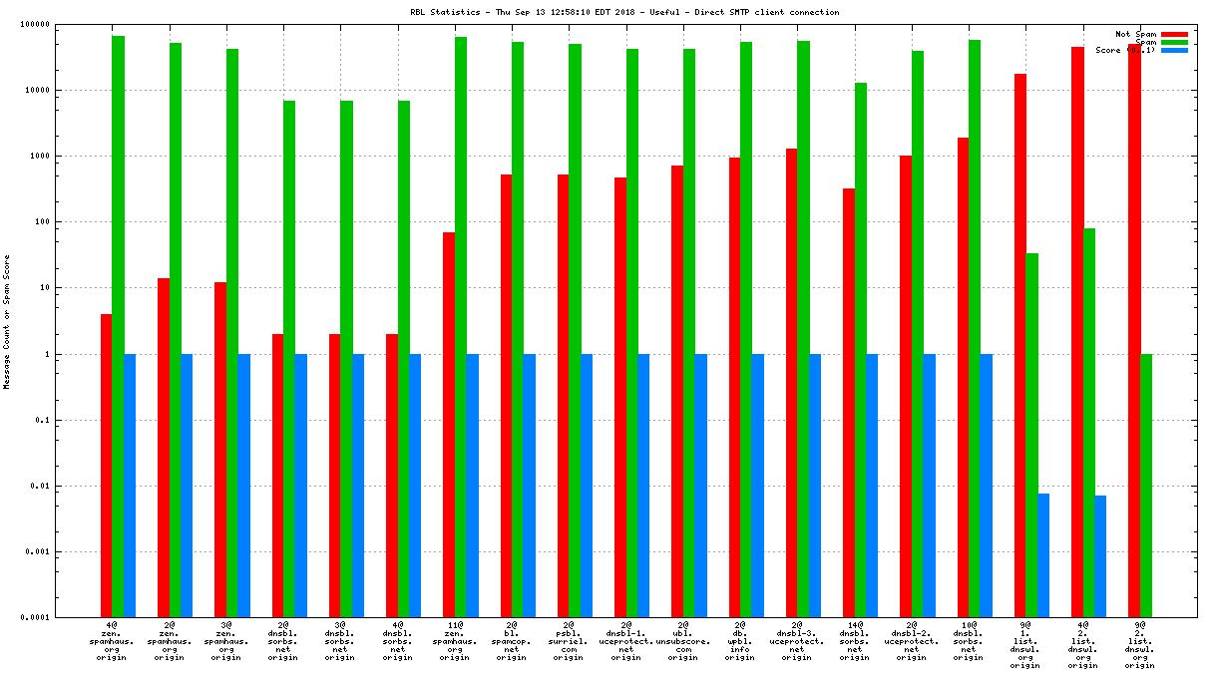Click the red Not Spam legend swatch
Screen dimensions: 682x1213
pos(1174,34)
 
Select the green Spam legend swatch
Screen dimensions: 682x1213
pos(1174,42)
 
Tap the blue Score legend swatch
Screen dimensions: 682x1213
pos(1174,50)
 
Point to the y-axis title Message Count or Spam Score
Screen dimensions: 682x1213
pos(7,321)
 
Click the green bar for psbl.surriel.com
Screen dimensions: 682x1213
pos(575,330)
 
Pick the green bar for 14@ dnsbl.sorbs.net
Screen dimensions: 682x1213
pos(860,350)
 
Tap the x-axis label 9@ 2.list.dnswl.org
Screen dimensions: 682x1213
pos(1139,644)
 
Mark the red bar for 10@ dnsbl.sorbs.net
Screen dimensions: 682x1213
pos(963,378)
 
